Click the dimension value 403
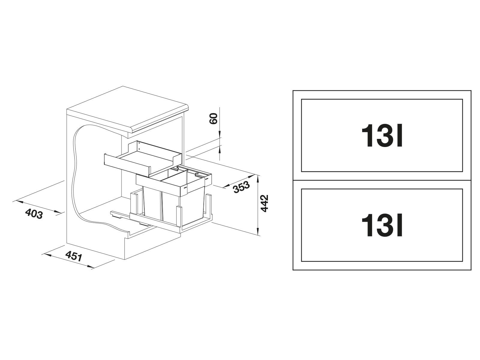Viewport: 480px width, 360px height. (x=34, y=214)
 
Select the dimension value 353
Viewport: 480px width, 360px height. (x=241, y=187)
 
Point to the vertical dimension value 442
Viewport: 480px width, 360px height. (x=265, y=203)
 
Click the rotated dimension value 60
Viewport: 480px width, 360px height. (x=214, y=119)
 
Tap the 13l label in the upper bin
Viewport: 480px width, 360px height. (x=382, y=136)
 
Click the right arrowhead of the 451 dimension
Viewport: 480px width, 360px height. (x=90, y=266)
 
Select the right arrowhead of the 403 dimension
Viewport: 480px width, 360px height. (x=58, y=212)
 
